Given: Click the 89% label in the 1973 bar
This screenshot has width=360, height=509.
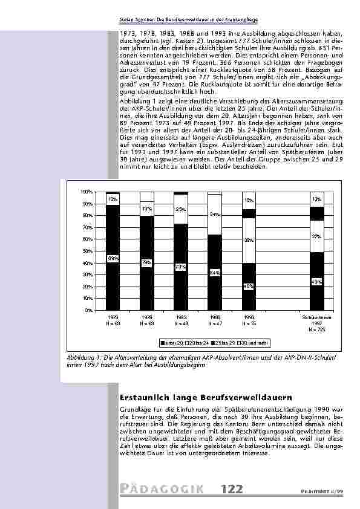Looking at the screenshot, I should pos(113,259).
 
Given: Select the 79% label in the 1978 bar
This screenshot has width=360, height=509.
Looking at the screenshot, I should pos(146,263).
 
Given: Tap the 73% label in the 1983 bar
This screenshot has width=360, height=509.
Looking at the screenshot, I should pos(180,267).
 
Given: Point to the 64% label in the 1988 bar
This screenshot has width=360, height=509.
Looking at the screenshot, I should pos(214,273).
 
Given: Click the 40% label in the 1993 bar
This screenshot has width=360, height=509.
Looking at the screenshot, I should pos(248,287).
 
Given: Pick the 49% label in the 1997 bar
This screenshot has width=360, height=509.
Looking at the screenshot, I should pos(316,282).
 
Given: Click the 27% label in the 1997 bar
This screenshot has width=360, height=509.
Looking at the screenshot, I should pos(316,236).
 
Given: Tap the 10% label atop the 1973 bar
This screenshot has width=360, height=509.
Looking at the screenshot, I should pos(113,198).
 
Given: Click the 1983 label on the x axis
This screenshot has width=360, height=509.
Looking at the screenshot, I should pos(180,317).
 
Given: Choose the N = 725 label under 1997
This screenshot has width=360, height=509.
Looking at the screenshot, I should pos(316,329).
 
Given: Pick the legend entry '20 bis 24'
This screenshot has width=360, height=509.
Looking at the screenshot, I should pos(198,343).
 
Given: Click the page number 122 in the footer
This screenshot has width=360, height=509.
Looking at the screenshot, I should pos(234,489).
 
